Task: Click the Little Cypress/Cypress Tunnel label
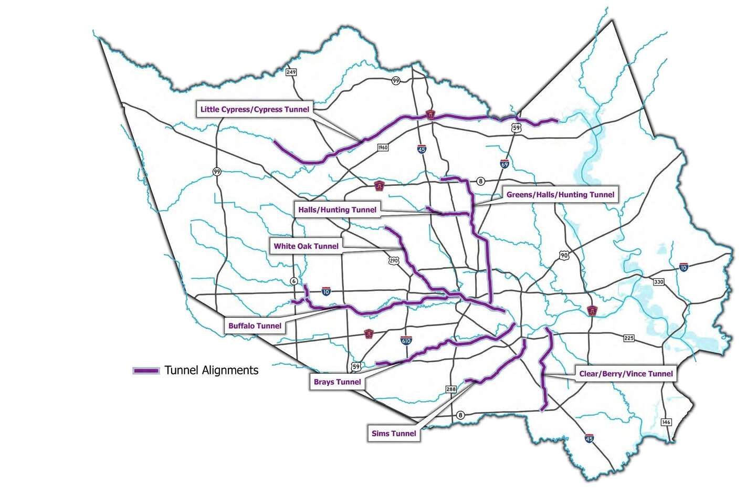[x=255, y=109]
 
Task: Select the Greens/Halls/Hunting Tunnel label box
[x=560, y=194]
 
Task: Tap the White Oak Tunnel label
[x=306, y=246]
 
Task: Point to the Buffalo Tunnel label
[x=255, y=325]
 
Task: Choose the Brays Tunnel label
[x=337, y=382]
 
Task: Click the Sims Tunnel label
[x=394, y=433]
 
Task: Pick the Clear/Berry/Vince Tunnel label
[x=626, y=374]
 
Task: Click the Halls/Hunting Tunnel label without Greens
[x=337, y=209]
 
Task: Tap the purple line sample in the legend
[x=146, y=371]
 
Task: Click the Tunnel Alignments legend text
[x=211, y=370]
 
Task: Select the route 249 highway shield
[x=291, y=72]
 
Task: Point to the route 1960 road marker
[x=383, y=148]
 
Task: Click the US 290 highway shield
[x=394, y=260]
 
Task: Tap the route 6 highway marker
[x=293, y=281]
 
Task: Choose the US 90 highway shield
[x=563, y=255]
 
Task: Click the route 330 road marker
[x=658, y=282]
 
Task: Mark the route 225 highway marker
[x=629, y=338]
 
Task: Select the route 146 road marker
[x=666, y=422]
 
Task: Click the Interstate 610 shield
[x=406, y=341]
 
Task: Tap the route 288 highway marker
[x=451, y=389]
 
